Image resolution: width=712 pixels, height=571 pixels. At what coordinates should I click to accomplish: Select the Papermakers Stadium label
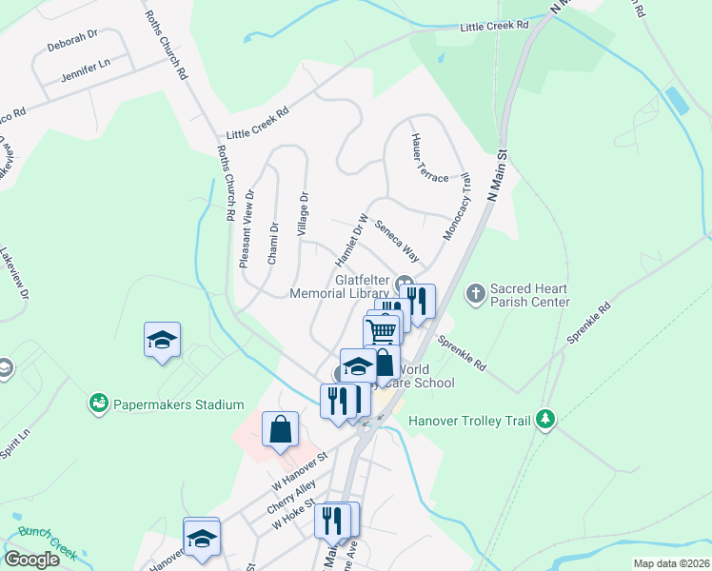point(179,404)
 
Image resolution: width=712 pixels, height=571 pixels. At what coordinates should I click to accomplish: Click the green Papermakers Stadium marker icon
point(97,404)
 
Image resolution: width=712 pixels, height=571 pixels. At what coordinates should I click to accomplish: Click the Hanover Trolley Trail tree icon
point(545,419)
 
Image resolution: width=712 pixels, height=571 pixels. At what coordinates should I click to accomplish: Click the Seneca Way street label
point(397,242)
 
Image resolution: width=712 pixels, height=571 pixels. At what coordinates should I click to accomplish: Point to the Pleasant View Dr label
point(247,228)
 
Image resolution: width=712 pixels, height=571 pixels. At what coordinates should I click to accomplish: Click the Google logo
point(31,559)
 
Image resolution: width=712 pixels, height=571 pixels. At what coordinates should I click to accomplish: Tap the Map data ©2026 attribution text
point(671,563)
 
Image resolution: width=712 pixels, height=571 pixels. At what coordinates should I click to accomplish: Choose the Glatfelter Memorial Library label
point(363,286)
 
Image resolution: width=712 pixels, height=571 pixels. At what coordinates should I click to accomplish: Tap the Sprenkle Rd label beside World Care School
point(462,352)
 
